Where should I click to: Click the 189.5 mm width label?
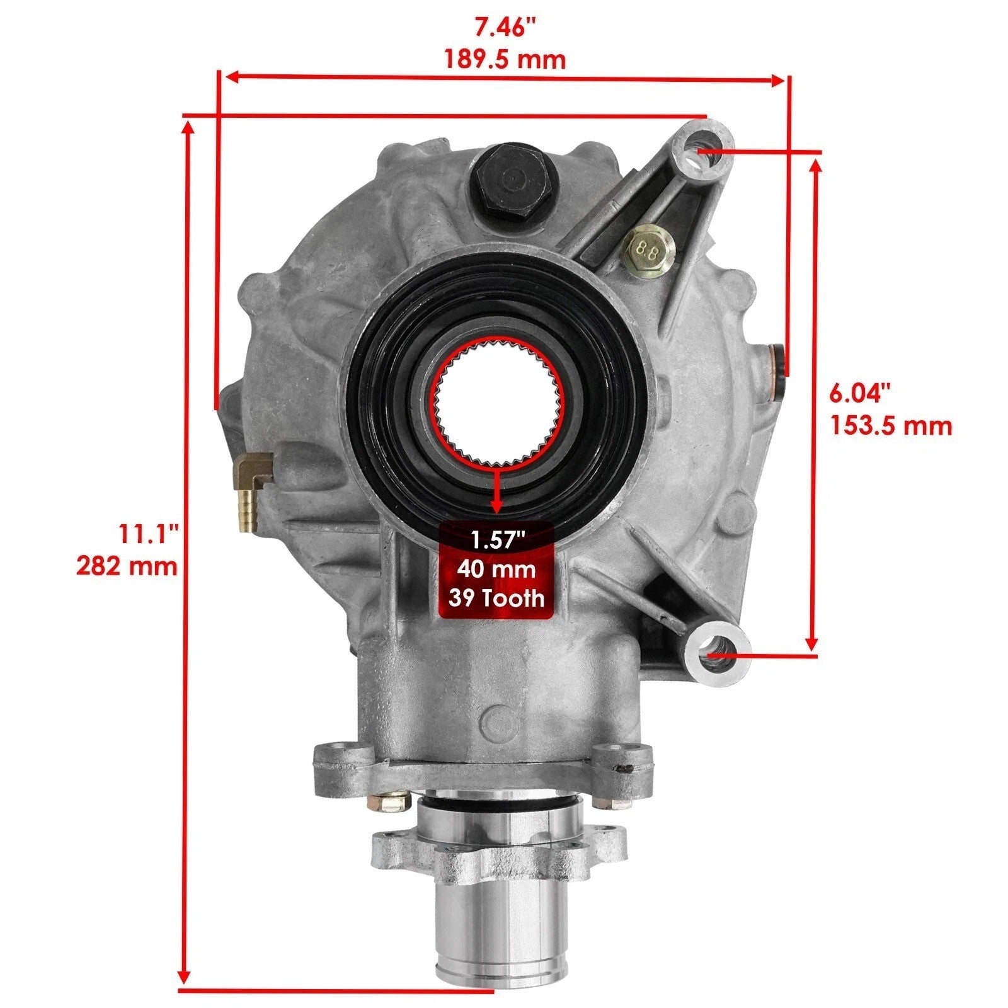505,59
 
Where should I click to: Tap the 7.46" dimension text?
505,28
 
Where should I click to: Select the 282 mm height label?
127,566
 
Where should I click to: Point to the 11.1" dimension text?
151,534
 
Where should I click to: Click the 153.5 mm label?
890,426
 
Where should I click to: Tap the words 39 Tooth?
496,597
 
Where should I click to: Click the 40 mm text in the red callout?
496,569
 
